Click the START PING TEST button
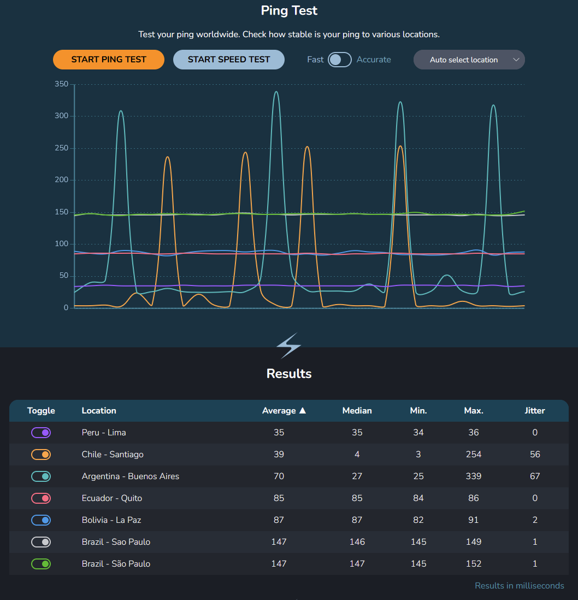click(x=109, y=60)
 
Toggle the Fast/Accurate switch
click(x=339, y=60)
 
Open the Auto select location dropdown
click(x=469, y=60)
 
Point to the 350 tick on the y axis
click(x=61, y=84)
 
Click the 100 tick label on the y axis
click(x=61, y=244)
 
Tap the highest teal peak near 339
click(x=276, y=92)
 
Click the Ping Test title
click(x=289, y=10)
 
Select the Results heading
click(x=289, y=374)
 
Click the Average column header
click(x=284, y=411)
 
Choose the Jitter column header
click(x=534, y=411)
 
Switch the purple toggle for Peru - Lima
click(x=41, y=433)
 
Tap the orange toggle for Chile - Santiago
click(x=41, y=455)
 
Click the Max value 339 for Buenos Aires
click(x=473, y=476)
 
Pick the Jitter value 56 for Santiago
click(x=534, y=455)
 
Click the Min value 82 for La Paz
click(x=418, y=520)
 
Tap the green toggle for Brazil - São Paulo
click(x=41, y=564)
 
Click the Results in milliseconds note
click(x=519, y=586)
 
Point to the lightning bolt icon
click(x=288, y=346)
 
